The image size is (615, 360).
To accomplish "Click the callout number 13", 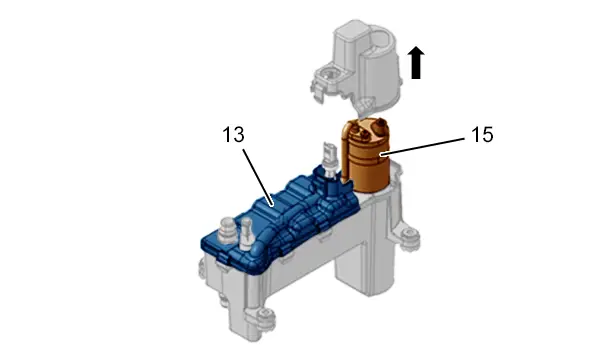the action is point(233,135).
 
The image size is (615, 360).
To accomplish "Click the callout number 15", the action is point(482,135).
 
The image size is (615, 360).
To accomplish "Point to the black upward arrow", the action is point(416,63).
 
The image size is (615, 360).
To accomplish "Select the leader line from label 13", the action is point(258,177).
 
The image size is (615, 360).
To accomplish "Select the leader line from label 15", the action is point(423,147).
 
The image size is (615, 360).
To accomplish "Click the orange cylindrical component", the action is point(369,157).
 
